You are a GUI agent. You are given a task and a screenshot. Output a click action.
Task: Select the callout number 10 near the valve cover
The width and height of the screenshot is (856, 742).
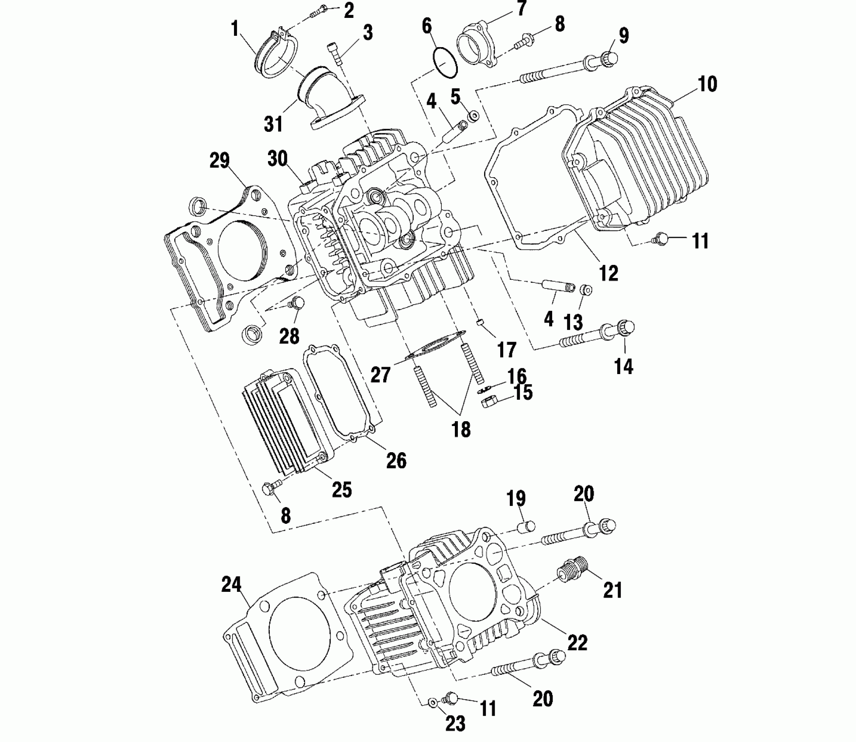707,84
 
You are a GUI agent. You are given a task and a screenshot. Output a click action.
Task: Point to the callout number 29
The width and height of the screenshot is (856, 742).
219,161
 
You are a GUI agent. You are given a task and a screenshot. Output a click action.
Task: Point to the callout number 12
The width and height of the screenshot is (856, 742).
608,273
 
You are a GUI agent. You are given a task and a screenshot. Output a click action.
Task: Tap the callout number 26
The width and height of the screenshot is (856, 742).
396,460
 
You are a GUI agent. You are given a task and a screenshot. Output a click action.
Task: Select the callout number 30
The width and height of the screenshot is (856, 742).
278,159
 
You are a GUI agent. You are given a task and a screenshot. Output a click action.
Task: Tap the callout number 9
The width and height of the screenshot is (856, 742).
624,35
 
